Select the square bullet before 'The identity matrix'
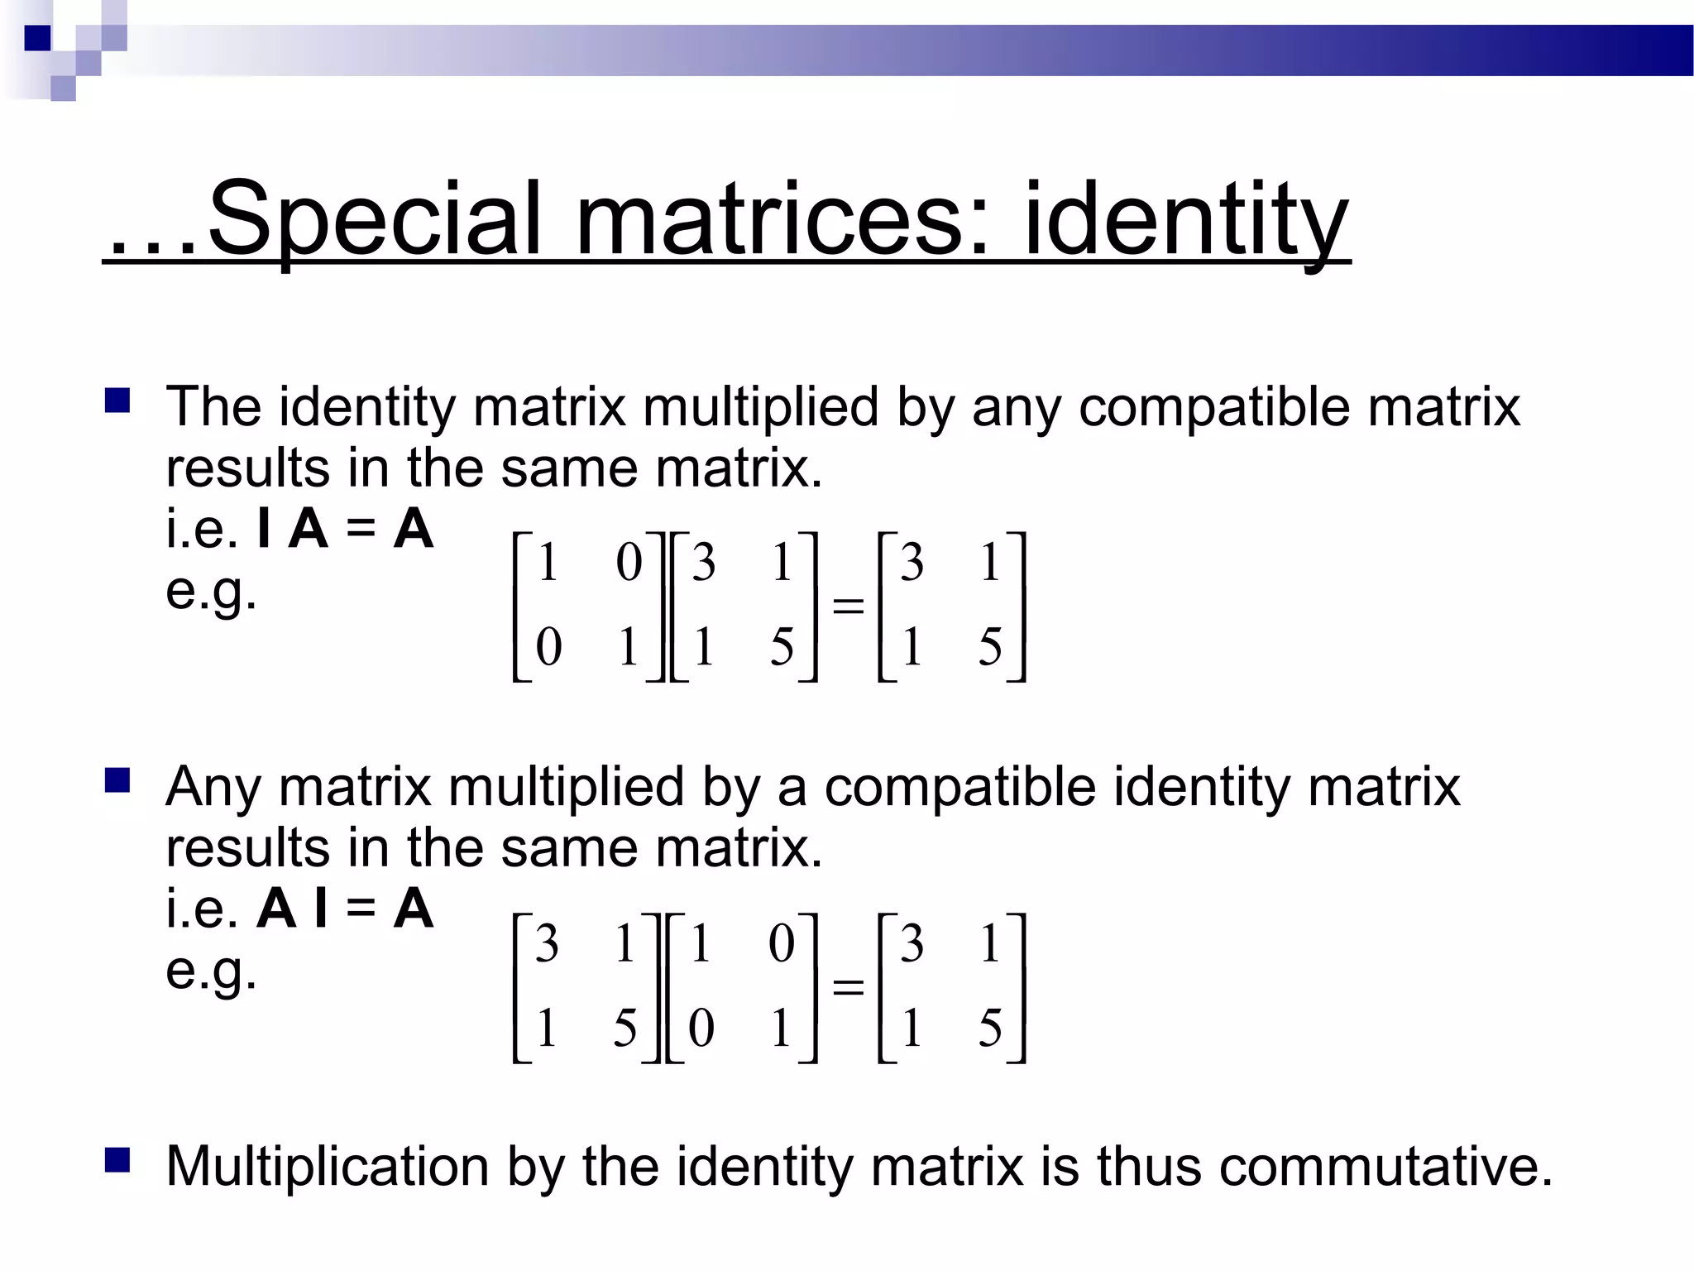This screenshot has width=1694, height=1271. pyautogui.click(x=117, y=401)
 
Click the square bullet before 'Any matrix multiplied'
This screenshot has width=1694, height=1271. pyautogui.click(x=117, y=780)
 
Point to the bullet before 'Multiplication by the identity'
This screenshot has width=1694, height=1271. pyautogui.click(x=117, y=1160)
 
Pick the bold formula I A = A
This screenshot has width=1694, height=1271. pyautogui.click(x=345, y=529)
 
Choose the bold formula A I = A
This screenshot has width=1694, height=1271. pyautogui.click(x=345, y=909)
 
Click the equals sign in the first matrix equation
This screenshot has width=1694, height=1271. pyautogui.click(x=848, y=606)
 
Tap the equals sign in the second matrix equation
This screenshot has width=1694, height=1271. pyautogui.click(x=848, y=986)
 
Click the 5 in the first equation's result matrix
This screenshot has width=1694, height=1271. pyautogui.click(x=990, y=647)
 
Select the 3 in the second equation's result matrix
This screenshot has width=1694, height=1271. pyautogui.click(x=912, y=943)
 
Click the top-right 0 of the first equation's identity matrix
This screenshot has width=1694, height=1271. pyautogui.click(x=629, y=563)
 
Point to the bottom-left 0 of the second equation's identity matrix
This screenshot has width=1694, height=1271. pyautogui.click(x=701, y=1029)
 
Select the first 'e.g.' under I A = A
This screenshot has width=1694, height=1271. pyautogui.click(x=211, y=591)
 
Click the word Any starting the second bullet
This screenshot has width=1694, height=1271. pyautogui.click(x=213, y=787)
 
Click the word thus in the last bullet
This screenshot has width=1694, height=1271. pyautogui.click(x=1148, y=1166)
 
